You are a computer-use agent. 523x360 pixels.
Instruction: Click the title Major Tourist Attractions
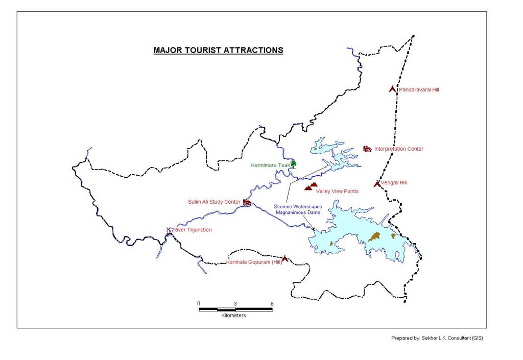point(218,51)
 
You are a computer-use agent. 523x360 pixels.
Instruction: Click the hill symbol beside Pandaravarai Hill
point(392,89)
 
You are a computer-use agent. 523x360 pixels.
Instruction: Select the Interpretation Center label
point(398,149)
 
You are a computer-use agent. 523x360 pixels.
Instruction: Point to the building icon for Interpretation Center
point(367,149)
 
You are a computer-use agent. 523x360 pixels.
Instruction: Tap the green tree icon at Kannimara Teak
point(293,163)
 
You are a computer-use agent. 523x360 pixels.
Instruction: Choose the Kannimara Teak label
point(270,165)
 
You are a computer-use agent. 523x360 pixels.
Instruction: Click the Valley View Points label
point(337,191)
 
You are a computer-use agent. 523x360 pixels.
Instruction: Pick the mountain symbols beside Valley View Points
point(311,186)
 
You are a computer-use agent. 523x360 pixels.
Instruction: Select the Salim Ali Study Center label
point(214,202)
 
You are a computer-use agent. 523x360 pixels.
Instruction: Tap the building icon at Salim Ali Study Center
point(247,203)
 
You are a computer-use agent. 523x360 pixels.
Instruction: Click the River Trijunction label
point(192,230)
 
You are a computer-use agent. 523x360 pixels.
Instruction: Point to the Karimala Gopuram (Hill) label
point(254,263)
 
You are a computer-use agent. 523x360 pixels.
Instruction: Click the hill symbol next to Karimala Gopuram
point(285,259)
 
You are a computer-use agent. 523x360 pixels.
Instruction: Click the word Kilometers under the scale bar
point(233,316)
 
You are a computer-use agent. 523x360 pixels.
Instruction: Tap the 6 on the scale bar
point(272,304)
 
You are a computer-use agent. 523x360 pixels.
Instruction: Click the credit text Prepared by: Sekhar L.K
point(437,338)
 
